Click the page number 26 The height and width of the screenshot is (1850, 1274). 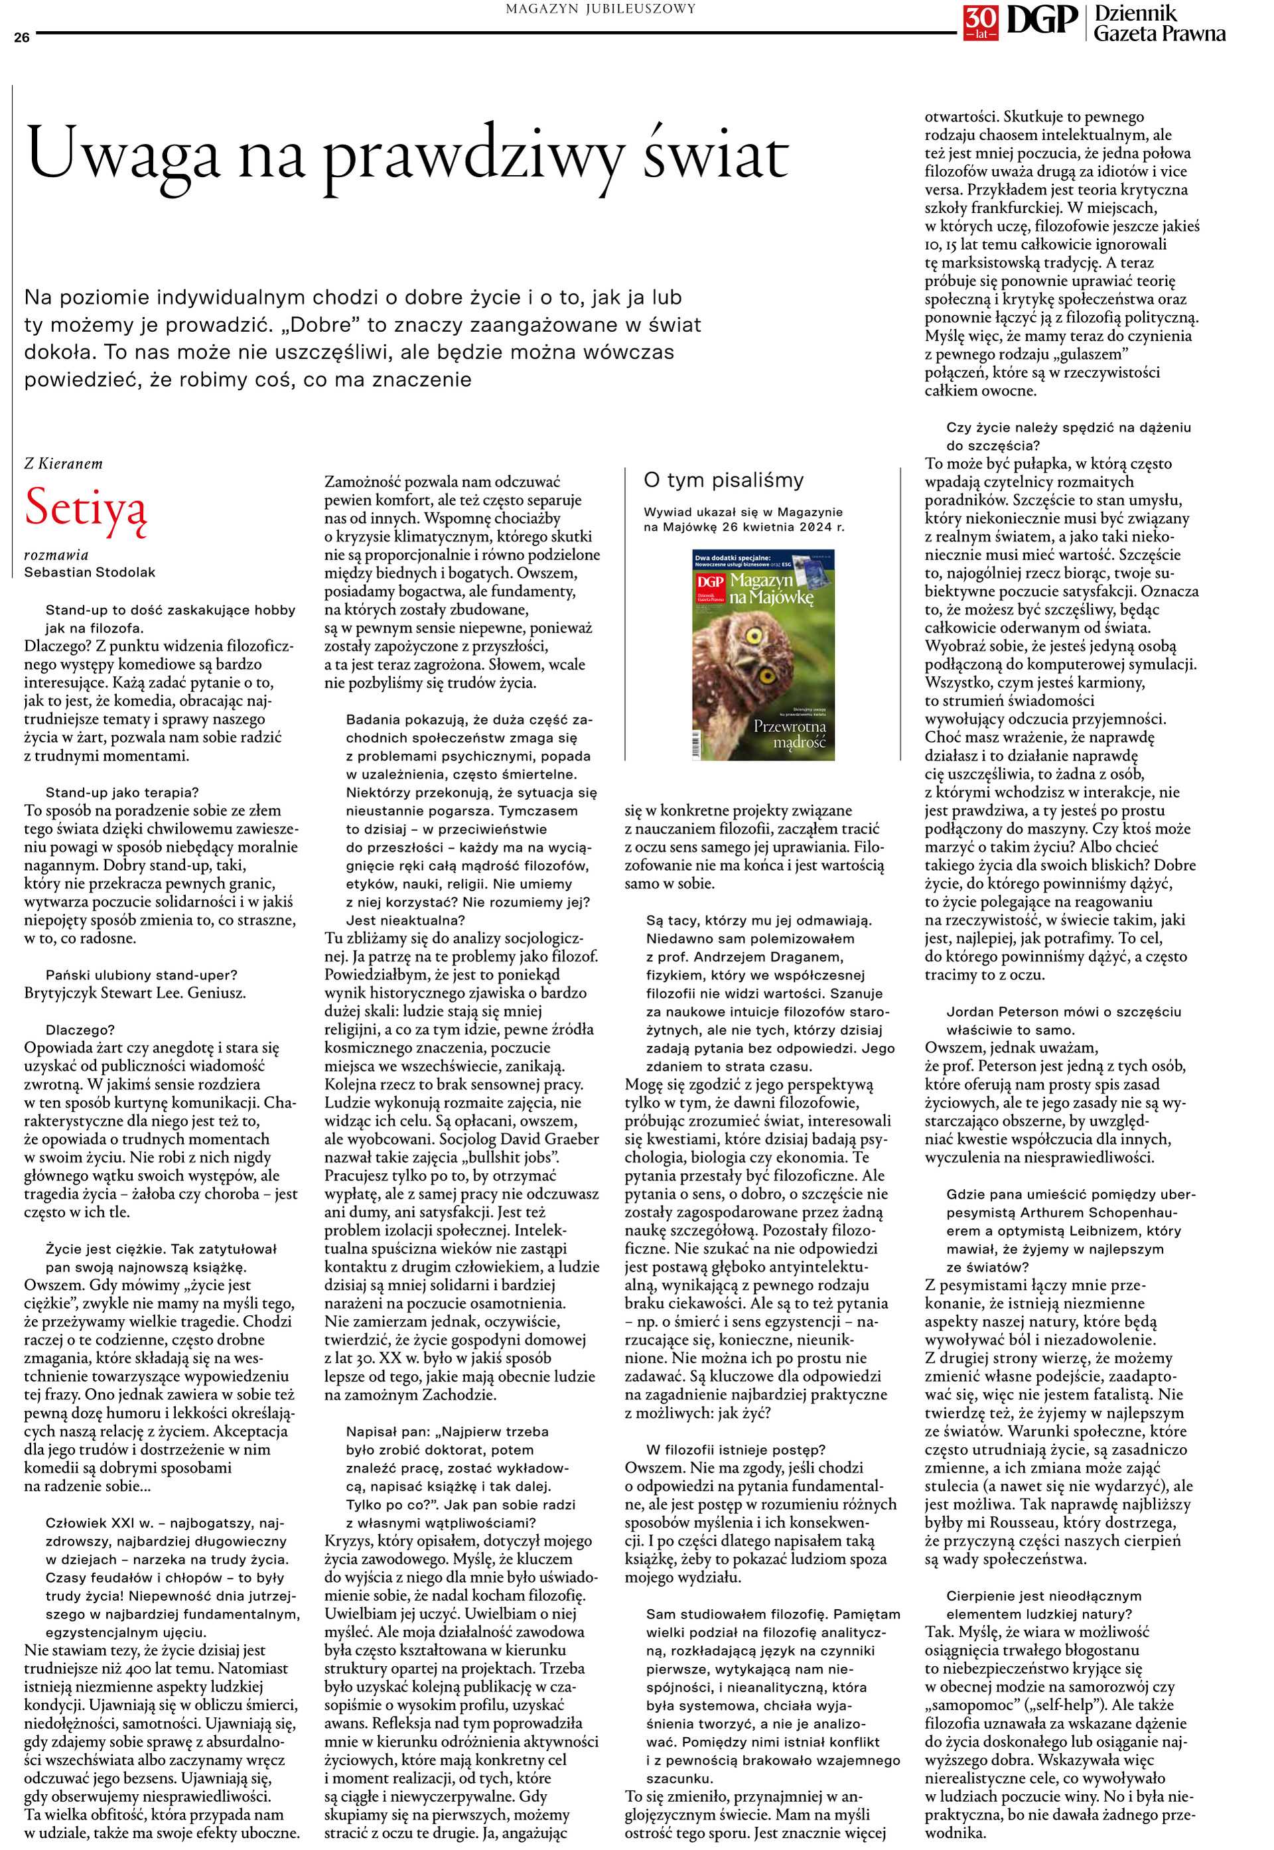pyautogui.click(x=21, y=36)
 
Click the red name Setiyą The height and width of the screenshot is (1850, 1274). pyautogui.click(x=86, y=507)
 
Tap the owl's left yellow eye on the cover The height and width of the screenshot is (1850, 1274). pyautogui.click(x=751, y=636)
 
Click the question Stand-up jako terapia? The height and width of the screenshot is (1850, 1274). pyautogui.click(x=122, y=792)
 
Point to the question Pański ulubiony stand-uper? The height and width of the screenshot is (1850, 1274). pyautogui.click(x=141, y=975)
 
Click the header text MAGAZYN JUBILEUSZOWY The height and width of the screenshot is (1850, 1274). pyautogui.click(x=601, y=9)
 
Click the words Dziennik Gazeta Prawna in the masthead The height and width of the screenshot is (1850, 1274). pyautogui.click(x=1159, y=24)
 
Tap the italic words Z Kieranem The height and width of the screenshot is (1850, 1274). pyautogui.click(x=63, y=463)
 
